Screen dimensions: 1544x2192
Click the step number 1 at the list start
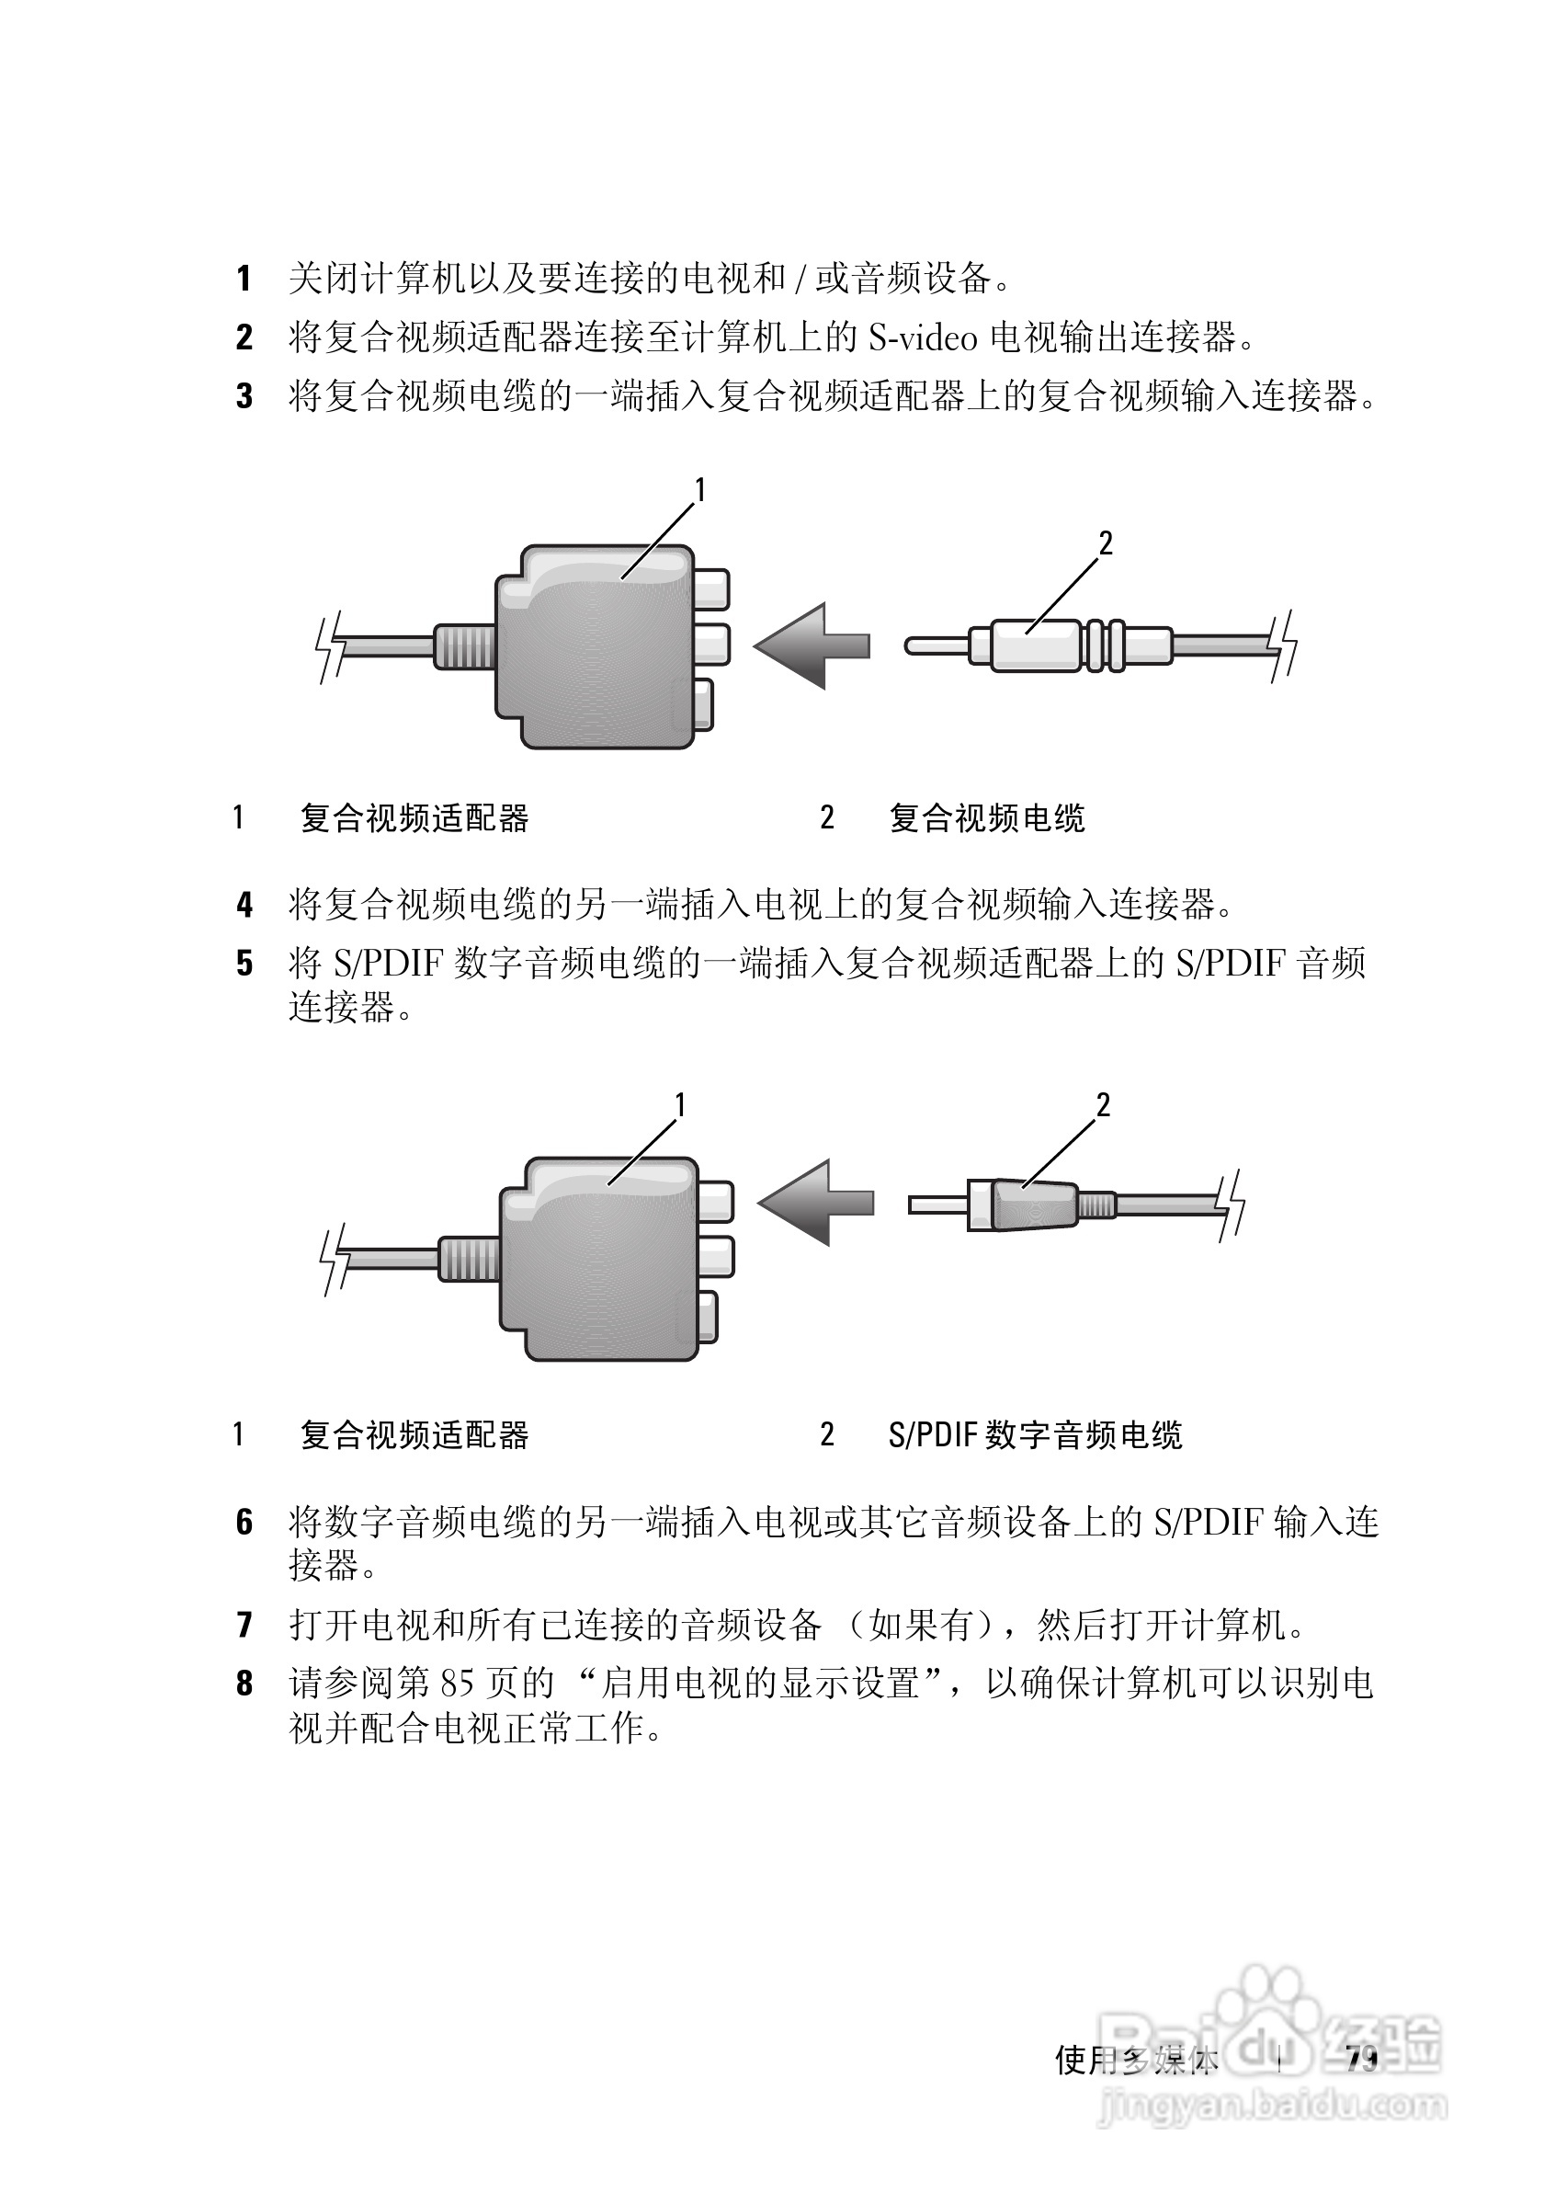point(244,279)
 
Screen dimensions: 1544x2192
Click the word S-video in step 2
point(923,337)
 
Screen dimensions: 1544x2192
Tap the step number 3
point(244,395)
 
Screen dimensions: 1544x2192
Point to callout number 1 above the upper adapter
point(699,490)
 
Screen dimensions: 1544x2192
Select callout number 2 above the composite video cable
point(1105,543)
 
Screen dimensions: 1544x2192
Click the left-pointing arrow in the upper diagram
point(812,646)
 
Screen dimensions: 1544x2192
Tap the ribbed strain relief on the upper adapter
point(465,646)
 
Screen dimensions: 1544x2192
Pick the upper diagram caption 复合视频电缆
point(987,818)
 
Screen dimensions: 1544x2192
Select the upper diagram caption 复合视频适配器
point(414,818)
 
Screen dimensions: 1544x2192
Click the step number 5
point(244,964)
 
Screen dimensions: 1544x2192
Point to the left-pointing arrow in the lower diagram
point(816,1202)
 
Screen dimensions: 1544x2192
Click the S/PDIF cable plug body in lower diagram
point(1033,1204)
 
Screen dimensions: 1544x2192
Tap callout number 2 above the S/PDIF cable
point(1103,1105)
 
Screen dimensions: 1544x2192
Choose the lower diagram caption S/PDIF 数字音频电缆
point(1036,1435)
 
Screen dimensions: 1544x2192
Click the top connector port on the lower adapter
point(716,1201)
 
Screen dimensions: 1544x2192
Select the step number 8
point(244,1684)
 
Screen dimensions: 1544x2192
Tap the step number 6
point(244,1522)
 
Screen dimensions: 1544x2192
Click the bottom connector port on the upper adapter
point(703,704)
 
